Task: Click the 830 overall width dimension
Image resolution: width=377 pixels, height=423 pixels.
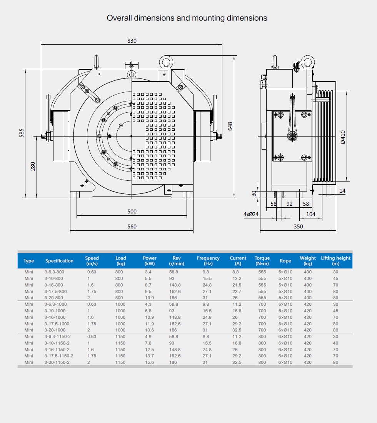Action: tap(132, 41)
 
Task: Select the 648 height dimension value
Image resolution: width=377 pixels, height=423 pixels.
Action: tap(230, 126)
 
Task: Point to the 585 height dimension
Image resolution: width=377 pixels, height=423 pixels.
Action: tap(22, 133)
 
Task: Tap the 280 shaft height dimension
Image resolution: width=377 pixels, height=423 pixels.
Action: tap(33, 166)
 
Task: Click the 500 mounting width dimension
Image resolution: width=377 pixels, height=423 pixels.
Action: tap(132, 211)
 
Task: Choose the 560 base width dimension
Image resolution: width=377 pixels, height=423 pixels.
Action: tap(132, 226)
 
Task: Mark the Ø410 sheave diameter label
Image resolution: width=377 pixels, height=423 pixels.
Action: tap(343, 137)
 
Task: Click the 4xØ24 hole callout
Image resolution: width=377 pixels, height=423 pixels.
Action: tap(251, 214)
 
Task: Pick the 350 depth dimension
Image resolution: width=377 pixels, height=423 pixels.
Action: tap(298, 226)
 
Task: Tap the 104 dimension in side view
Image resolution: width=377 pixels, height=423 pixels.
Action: tap(310, 214)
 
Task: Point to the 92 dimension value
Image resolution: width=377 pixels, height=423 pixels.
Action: tap(290, 204)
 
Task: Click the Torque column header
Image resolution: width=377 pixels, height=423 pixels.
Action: tap(262, 261)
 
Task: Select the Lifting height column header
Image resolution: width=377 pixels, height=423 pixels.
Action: tap(336, 261)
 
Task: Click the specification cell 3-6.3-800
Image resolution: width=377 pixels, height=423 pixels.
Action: tap(54, 272)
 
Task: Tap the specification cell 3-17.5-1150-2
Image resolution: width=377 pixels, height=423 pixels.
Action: tap(59, 356)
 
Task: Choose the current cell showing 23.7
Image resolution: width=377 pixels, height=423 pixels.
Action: tap(237, 291)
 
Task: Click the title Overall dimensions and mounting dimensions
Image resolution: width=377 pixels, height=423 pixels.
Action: tap(187, 18)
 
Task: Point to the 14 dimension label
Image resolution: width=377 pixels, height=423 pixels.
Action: tap(342, 191)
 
